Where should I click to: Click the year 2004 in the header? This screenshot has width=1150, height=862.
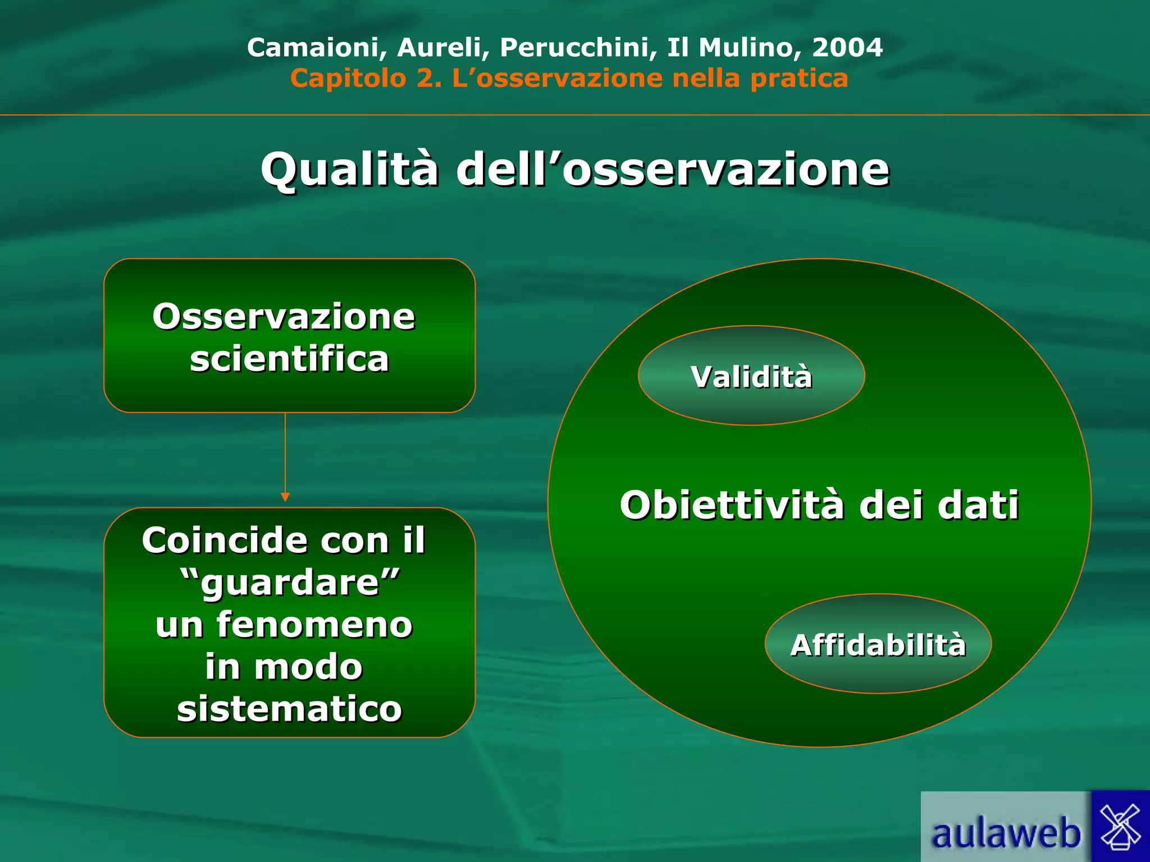coord(847,48)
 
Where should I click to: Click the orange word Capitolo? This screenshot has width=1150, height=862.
coord(348,79)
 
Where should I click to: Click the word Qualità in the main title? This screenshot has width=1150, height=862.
coord(349,169)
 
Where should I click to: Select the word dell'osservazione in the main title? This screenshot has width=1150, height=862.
coord(673,169)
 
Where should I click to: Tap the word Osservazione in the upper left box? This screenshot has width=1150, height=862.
coord(284,317)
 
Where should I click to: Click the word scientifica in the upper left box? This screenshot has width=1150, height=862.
coord(289,359)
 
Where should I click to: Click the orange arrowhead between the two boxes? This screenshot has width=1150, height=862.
coord(285,497)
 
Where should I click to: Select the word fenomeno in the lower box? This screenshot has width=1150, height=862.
coord(314,625)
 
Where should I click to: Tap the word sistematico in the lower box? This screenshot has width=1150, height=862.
coord(290,709)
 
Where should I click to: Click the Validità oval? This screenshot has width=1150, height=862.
coord(751,376)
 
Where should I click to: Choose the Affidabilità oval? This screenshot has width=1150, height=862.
coord(878,645)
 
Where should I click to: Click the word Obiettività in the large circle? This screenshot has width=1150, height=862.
coord(732,505)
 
